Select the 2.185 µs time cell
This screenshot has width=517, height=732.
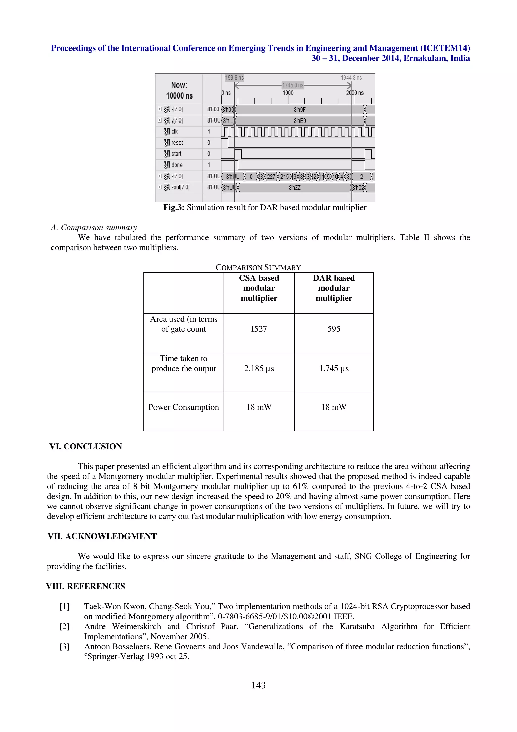point(259,368)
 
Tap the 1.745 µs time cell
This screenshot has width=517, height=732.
point(333,368)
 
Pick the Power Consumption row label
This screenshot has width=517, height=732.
point(184,407)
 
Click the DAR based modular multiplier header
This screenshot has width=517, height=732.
point(333,288)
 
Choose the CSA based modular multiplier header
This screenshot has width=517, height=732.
point(259,288)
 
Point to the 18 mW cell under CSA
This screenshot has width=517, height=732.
point(259,407)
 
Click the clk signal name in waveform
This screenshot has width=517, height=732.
point(174,131)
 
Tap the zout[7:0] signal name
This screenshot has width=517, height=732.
point(180,187)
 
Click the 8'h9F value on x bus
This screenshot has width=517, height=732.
point(299,110)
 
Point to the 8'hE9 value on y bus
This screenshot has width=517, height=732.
point(299,121)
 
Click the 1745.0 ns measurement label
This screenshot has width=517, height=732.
point(292,85)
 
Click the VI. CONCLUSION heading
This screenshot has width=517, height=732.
point(86,446)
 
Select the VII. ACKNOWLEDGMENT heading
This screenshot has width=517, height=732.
point(102,536)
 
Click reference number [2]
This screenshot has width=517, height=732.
point(64,626)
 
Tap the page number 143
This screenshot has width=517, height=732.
point(258,685)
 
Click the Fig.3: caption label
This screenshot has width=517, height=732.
point(174,208)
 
